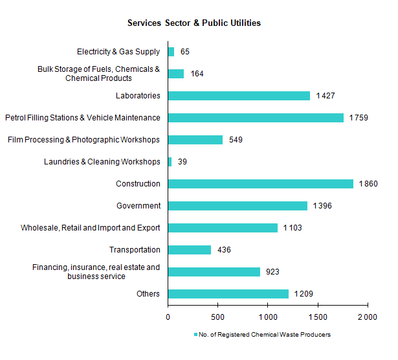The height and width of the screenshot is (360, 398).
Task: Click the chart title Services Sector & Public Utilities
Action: [x=194, y=23]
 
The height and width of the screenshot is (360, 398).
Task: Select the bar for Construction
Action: [x=260, y=184]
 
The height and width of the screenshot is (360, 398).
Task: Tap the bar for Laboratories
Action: [x=239, y=96]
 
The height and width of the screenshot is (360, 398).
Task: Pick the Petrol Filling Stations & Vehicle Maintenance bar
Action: [x=256, y=118]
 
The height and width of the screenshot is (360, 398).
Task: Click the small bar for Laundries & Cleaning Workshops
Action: [x=170, y=162]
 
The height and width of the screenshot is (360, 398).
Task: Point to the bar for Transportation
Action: [x=190, y=250]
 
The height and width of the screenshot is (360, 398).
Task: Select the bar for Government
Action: [x=238, y=206]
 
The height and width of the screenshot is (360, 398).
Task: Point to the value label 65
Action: [x=184, y=52]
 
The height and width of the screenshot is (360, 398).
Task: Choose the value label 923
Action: [x=273, y=272]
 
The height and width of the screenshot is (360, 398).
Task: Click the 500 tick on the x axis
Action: [x=217, y=317]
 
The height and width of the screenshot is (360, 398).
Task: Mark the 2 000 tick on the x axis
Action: [x=368, y=317]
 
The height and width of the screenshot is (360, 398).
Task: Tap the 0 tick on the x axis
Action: [x=168, y=317]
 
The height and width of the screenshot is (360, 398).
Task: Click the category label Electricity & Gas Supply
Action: [x=118, y=52]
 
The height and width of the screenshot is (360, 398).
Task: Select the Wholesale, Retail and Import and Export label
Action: [x=91, y=228]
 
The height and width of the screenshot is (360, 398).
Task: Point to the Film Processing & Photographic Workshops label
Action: [x=83, y=140]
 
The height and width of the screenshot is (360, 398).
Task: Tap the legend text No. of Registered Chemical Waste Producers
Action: [x=265, y=335]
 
